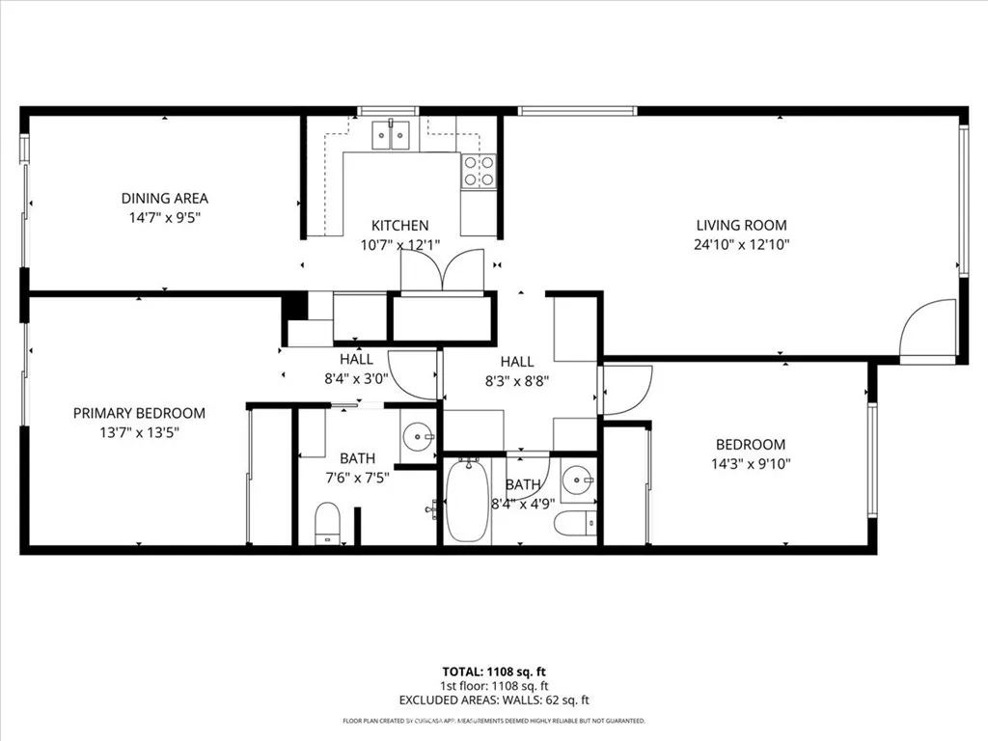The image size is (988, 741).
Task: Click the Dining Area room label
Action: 164,199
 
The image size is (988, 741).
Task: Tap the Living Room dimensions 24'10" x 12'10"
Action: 743,245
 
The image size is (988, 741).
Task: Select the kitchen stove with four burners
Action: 479,171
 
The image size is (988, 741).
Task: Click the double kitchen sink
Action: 393,136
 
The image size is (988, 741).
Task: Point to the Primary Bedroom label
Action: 139,413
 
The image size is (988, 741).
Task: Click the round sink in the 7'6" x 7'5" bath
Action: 419,436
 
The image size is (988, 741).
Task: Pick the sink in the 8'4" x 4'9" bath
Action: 576,477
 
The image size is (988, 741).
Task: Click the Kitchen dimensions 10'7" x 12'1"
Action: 399,245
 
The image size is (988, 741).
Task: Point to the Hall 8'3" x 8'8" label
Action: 517,370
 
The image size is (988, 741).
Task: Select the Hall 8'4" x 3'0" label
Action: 356,369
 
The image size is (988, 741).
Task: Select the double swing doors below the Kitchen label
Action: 441,271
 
